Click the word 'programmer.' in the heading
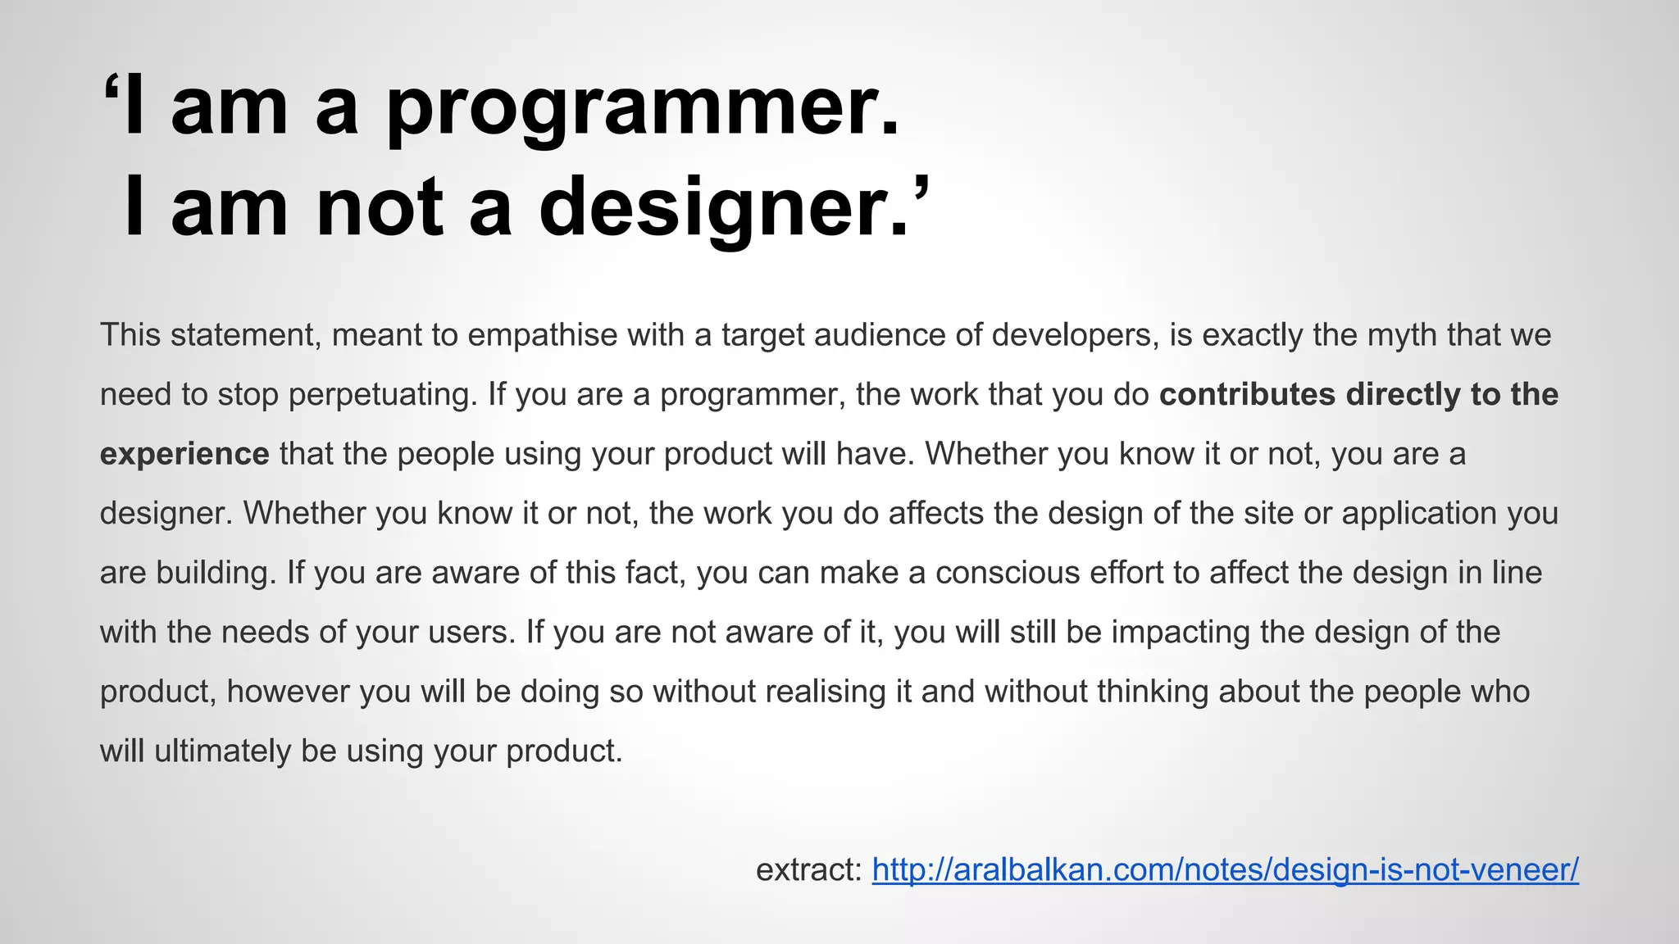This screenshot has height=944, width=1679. [643, 111]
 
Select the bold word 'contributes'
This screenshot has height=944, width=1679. [1247, 395]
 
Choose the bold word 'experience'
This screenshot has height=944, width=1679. [184, 454]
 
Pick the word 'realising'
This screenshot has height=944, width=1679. [826, 692]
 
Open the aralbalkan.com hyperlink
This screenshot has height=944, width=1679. [1225, 869]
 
